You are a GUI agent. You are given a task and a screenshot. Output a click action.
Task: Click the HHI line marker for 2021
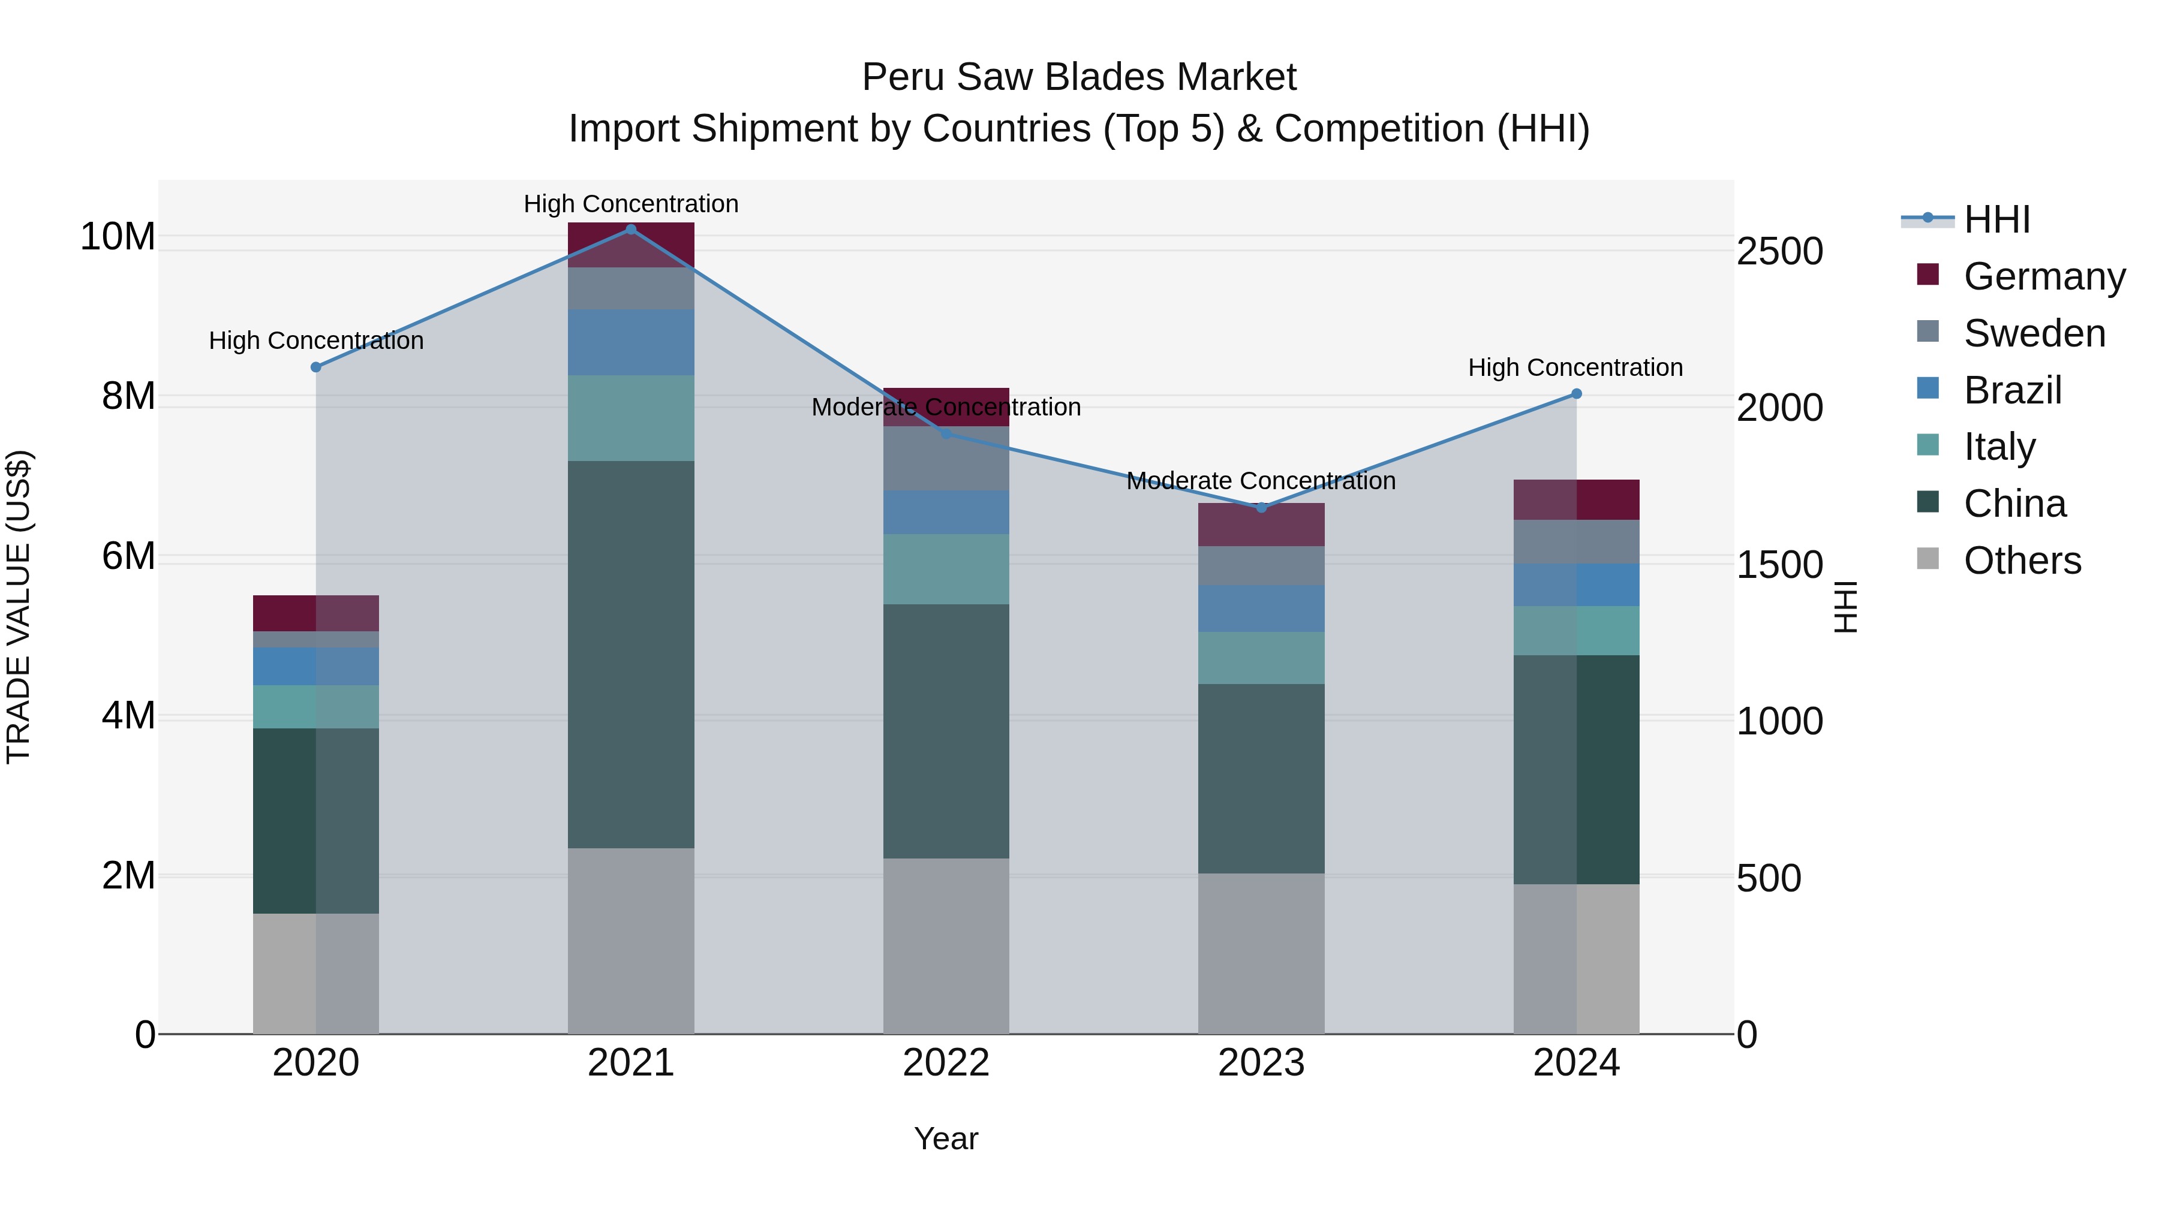coord(631,230)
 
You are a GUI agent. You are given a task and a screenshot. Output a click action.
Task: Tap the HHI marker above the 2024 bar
coord(1577,394)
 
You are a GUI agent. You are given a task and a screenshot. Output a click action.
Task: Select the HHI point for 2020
coord(316,367)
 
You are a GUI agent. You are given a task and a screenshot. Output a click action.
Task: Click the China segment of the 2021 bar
coord(631,653)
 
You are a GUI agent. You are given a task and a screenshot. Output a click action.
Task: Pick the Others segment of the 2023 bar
coord(1261,953)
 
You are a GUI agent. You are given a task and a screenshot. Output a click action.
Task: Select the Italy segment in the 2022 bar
coord(946,569)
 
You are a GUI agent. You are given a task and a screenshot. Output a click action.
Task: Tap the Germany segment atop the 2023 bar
coord(1261,525)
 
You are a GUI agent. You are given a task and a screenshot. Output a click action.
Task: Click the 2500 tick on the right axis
coord(1779,251)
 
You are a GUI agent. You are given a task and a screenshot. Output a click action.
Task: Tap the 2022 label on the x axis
coord(946,1063)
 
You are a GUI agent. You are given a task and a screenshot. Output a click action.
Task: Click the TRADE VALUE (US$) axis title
coord(19,607)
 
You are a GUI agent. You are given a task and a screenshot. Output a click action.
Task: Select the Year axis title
coord(946,1138)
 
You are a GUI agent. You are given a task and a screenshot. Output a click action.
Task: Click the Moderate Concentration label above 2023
coord(1261,481)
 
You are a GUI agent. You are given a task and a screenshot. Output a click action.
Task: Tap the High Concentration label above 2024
coord(1575,368)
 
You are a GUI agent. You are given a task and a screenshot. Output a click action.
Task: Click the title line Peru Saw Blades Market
coord(1079,77)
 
